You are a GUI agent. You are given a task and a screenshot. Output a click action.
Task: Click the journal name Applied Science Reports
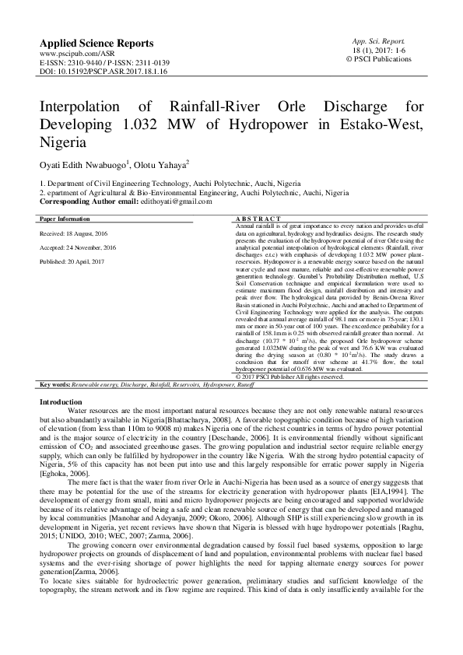[96, 43]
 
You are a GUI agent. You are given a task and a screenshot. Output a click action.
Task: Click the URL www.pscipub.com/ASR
[71, 54]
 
